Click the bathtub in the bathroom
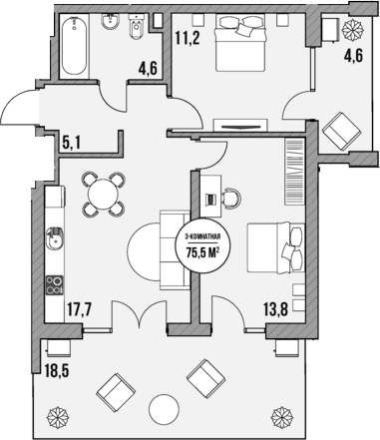click(74, 47)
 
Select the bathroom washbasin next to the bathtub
click(113, 24)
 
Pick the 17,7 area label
click(81, 308)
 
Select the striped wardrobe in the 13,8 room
click(294, 162)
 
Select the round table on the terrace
click(163, 408)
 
